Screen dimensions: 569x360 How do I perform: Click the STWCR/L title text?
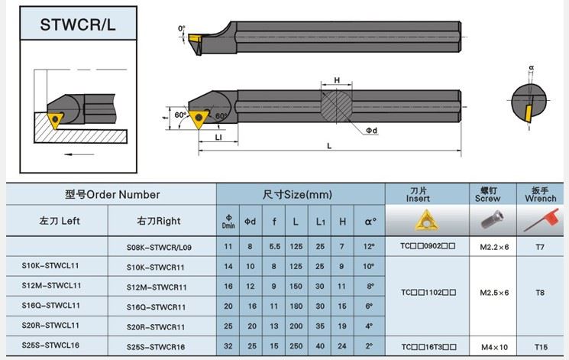click(78, 24)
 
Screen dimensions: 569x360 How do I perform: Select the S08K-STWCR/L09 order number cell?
click(159, 248)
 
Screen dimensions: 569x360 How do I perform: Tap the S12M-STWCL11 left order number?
click(51, 286)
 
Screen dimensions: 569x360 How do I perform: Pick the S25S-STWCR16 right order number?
click(156, 347)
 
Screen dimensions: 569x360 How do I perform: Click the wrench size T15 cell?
click(541, 347)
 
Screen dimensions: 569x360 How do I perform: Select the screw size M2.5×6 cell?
click(494, 293)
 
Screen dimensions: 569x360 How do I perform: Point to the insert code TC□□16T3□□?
click(428, 347)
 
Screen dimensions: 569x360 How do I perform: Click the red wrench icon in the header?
click(541, 220)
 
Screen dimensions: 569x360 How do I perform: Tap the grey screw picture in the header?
click(493, 219)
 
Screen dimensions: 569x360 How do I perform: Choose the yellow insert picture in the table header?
click(427, 220)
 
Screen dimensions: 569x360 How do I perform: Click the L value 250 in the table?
click(296, 346)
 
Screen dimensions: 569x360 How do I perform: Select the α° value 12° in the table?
click(369, 246)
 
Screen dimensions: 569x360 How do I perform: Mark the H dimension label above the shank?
click(337, 80)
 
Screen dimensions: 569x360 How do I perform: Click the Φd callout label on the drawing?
click(371, 131)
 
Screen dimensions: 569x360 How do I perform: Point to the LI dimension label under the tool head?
click(218, 138)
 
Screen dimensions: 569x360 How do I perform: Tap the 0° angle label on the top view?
click(182, 28)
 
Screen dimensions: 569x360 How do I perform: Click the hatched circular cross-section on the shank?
click(336, 106)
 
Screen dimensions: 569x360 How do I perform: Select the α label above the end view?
click(532, 67)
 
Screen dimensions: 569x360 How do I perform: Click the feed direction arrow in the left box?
click(79, 154)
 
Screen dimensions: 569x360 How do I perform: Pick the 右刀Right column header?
click(159, 221)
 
